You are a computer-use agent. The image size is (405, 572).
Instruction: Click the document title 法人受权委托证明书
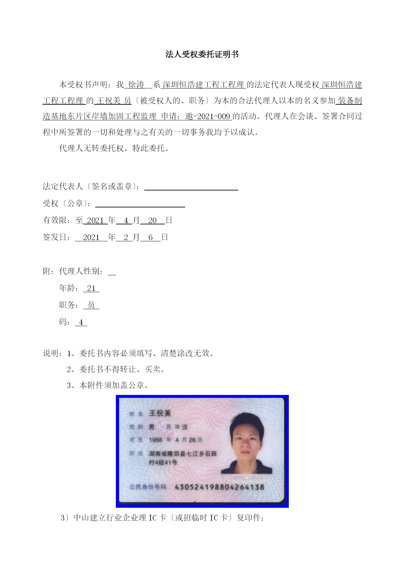tap(202, 54)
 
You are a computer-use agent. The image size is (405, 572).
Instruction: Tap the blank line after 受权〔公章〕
tap(140, 204)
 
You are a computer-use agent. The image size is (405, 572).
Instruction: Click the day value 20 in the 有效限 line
tap(152, 221)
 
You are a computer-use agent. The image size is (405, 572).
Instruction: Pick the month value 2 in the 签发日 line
tap(126, 238)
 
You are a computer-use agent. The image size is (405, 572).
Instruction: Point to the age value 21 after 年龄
tap(91, 289)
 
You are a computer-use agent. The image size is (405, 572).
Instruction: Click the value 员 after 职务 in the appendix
tap(91, 306)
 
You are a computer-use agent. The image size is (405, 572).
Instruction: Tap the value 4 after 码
tap(81, 323)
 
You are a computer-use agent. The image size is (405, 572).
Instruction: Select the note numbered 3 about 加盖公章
tap(108, 385)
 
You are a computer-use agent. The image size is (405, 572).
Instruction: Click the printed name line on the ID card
tap(160, 414)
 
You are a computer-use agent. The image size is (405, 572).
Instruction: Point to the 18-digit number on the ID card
tap(219, 487)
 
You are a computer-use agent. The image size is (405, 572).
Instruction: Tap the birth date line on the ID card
tap(175, 440)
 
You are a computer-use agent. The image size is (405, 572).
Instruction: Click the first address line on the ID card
tap(182, 454)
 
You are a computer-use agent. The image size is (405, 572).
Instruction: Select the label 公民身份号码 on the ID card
tap(148, 487)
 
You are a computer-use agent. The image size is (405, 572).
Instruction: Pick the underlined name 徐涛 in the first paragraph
tap(136, 85)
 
